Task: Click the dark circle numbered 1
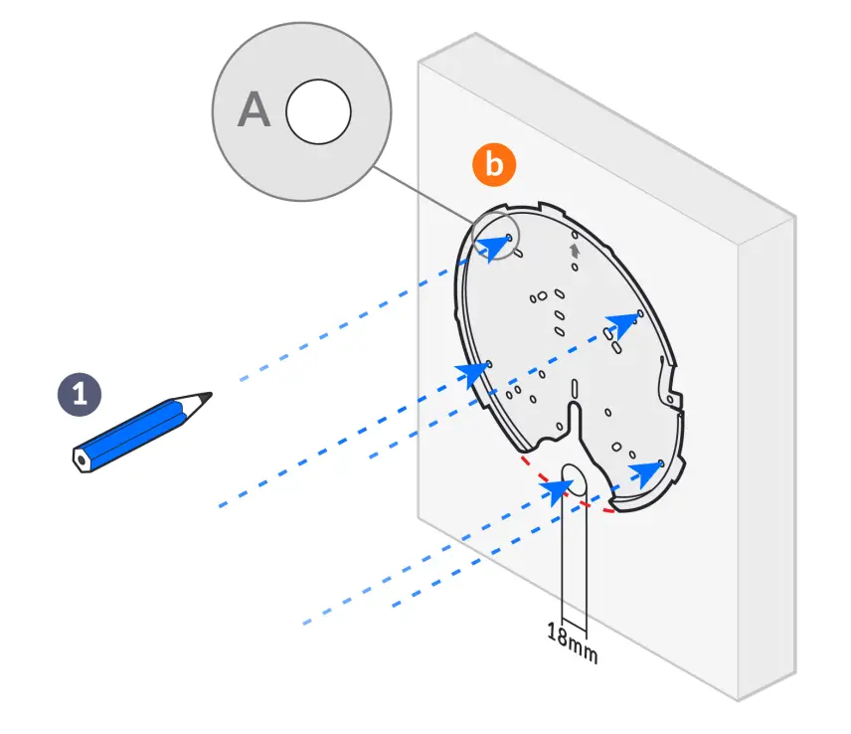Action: (x=80, y=393)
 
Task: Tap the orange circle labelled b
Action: (x=494, y=165)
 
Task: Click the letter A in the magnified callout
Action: (x=254, y=111)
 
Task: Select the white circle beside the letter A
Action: (x=318, y=111)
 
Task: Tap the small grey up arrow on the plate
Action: (x=574, y=251)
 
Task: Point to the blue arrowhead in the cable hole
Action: (x=563, y=487)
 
